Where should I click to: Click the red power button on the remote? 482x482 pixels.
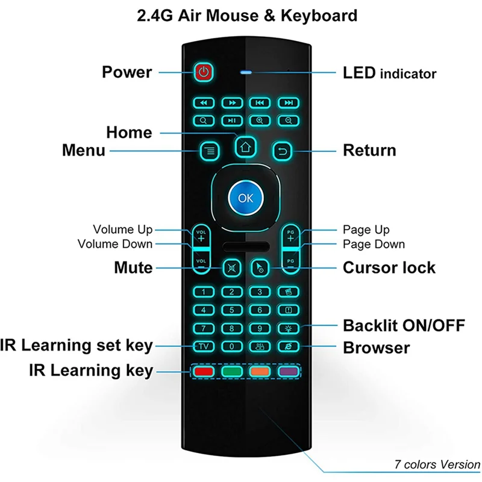click(x=204, y=72)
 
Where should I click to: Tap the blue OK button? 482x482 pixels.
click(x=245, y=198)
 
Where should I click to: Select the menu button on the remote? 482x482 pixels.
click(x=209, y=150)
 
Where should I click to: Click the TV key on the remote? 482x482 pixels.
click(x=203, y=346)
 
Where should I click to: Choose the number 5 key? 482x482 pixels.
click(x=231, y=310)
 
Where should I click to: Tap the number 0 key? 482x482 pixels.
click(x=231, y=346)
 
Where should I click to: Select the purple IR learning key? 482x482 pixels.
click(x=288, y=371)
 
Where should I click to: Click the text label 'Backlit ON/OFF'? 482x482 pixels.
click(x=404, y=326)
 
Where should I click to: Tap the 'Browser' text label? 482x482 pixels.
click(x=376, y=348)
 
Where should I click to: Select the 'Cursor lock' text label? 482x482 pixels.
click(x=389, y=268)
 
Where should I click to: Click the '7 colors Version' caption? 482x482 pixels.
click(x=437, y=465)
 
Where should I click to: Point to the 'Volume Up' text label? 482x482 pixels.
click(x=122, y=230)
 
